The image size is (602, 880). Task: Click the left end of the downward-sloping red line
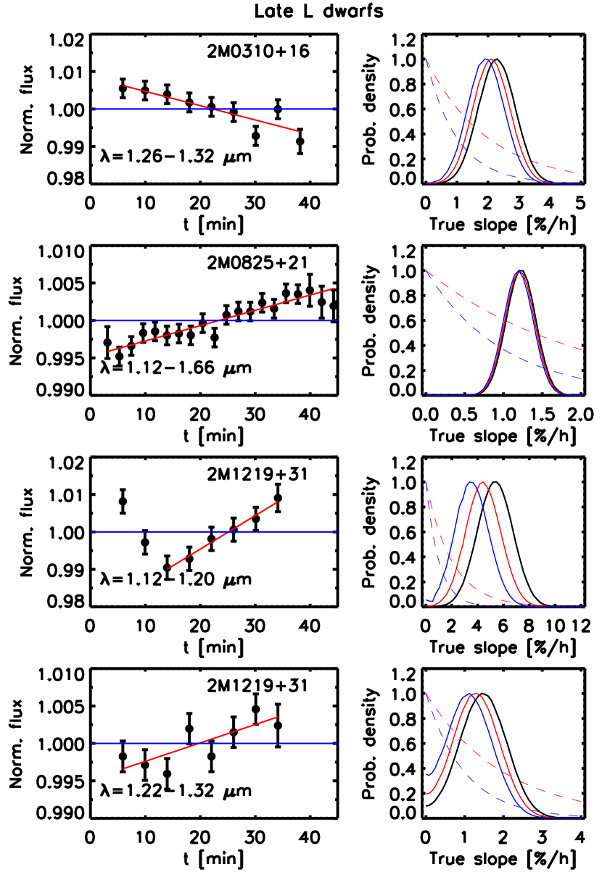pyautogui.click(x=123, y=86)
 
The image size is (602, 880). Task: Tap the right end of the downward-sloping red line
pyautogui.click(x=300, y=131)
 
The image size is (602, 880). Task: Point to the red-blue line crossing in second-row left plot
pyautogui.click(x=219, y=320)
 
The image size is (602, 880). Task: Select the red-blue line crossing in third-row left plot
pyautogui.click(x=228, y=532)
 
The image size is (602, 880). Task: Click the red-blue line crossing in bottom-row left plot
pyautogui.click(x=198, y=743)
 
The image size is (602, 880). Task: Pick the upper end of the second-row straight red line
pyautogui.click(x=333, y=289)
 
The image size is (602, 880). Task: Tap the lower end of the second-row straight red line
pyautogui.click(x=108, y=352)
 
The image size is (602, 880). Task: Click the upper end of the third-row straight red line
pyautogui.click(x=278, y=502)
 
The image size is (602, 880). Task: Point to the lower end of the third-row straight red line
pyautogui.click(x=168, y=569)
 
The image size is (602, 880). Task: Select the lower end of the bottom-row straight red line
pyautogui.click(x=123, y=768)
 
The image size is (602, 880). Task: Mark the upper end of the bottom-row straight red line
pyautogui.click(x=278, y=717)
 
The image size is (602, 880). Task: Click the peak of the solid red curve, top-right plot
pyautogui.click(x=492, y=59)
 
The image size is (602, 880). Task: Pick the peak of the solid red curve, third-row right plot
pyautogui.click(x=482, y=482)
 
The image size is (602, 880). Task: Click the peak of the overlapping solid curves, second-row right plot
pyautogui.click(x=519, y=272)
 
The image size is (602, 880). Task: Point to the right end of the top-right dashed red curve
pyautogui.click(x=585, y=174)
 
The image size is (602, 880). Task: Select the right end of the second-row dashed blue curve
pyautogui.click(x=585, y=378)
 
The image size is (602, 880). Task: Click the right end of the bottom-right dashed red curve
pyautogui.click(x=582, y=801)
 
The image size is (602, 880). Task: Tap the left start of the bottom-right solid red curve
pyautogui.click(x=426, y=793)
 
